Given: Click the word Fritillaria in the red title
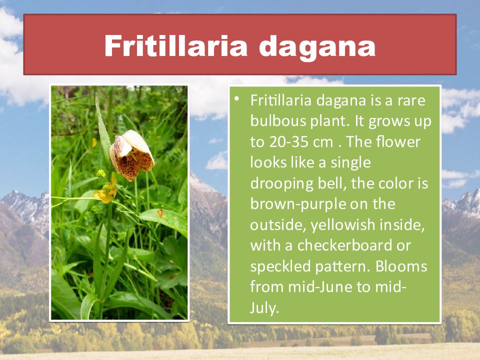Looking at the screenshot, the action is (x=175, y=46).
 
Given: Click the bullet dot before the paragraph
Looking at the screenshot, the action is (x=236, y=98).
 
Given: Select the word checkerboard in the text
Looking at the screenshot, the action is (x=344, y=245).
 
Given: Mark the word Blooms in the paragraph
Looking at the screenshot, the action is (x=401, y=266).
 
